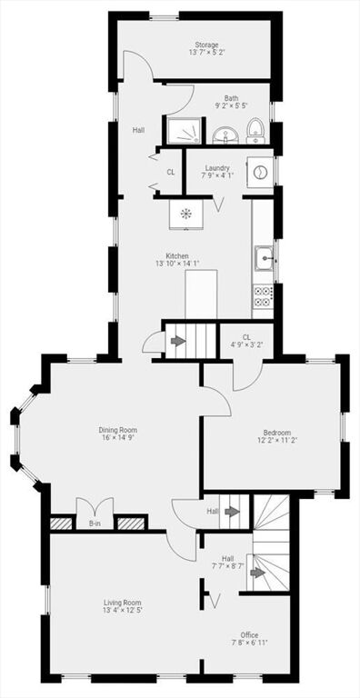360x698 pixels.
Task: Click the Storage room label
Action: tap(206, 45)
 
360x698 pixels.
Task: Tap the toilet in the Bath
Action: tap(255, 131)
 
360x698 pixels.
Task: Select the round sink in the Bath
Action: tap(226, 135)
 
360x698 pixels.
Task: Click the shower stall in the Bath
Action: tap(184, 131)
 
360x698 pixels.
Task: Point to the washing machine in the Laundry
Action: tap(261, 173)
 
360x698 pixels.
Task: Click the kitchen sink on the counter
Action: tap(265, 258)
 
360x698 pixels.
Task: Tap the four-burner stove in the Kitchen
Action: tap(263, 296)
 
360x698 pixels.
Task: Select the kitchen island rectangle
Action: tap(201, 294)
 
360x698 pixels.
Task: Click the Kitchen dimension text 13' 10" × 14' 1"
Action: tap(177, 264)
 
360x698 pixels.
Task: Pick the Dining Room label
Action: tap(117, 430)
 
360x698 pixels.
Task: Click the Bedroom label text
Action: tap(276, 433)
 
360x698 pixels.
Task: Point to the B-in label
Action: tap(95, 523)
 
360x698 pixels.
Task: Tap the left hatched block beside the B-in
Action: tap(61, 523)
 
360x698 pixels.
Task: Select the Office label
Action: tap(249, 634)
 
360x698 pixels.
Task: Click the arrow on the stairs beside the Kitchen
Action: tap(179, 342)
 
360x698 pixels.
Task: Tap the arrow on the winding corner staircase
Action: tap(257, 573)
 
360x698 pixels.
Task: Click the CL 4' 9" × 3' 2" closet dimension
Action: tap(246, 344)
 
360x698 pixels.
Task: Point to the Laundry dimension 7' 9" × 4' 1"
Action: tap(217, 174)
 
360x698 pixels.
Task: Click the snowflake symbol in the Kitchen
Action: tap(185, 214)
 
